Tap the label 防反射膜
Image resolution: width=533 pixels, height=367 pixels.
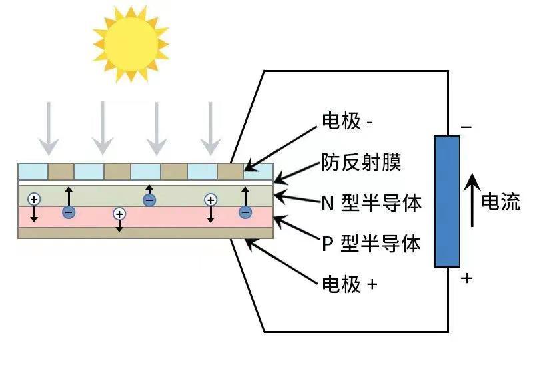(361, 162)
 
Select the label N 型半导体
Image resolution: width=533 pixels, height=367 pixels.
(371, 203)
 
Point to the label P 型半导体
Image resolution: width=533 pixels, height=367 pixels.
(371, 244)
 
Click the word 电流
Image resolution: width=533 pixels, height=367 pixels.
(500, 202)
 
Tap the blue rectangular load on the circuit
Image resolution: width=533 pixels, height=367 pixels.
(447, 202)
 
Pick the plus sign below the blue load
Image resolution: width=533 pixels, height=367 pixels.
(466, 278)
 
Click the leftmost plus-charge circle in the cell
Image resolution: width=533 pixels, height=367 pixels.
(34, 199)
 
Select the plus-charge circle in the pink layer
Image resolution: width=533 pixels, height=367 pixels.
(119, 214)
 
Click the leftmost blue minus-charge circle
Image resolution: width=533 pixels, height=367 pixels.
(69, 212)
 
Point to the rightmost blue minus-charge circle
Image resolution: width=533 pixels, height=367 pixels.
(245, 212)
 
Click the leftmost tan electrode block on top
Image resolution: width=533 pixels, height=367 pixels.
(61, 171)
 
